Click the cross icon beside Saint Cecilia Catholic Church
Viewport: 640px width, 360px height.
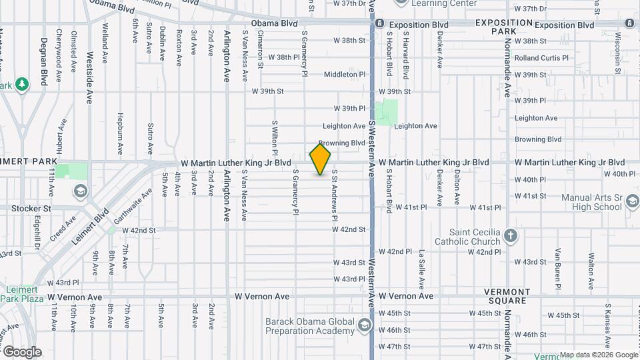(511, 235)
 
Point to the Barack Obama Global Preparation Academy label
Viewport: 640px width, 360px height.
(309, 326)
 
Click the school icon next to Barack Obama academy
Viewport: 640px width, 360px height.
(364, 325)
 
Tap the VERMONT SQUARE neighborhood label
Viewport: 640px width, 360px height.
(507, 296)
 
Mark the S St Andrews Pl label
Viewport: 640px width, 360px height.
(335, 195)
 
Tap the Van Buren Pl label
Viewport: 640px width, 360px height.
(559, 265)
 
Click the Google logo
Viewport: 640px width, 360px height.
(22, 351)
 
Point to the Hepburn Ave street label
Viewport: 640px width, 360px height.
(121, 135)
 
